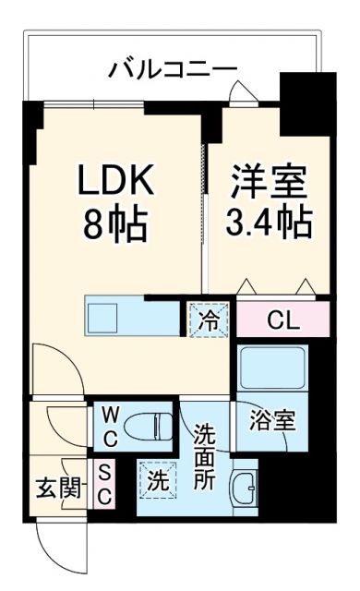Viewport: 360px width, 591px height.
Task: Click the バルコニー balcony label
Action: click(173, 68)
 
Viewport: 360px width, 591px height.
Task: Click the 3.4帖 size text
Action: click(267, 223)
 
